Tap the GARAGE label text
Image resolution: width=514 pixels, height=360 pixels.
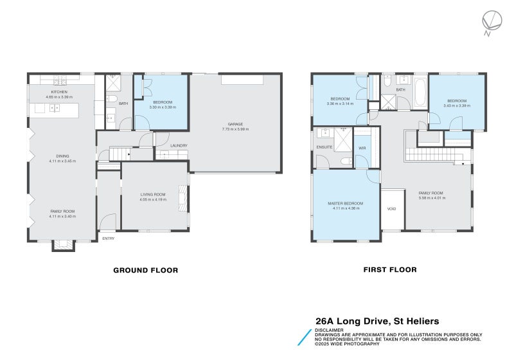[235, 124]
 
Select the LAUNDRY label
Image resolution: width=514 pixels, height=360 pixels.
[179, 145]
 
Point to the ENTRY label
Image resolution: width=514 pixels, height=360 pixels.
[108, 239]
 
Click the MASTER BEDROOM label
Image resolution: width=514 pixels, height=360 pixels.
[345, 204]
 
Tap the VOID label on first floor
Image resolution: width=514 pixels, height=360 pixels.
[391, 209]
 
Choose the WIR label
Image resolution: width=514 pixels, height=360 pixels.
[362, 148]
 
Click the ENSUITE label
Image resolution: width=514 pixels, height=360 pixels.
[324, 147]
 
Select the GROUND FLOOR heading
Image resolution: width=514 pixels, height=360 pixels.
[145, 270]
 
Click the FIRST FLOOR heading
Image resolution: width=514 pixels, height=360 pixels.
[390, 270]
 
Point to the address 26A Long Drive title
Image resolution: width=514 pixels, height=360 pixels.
[377, 320]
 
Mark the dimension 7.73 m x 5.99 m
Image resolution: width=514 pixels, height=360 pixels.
[235, 129]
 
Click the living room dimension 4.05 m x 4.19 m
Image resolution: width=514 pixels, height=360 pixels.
[154, 199]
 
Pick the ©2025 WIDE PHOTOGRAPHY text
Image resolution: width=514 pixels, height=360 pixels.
[348, 343]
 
